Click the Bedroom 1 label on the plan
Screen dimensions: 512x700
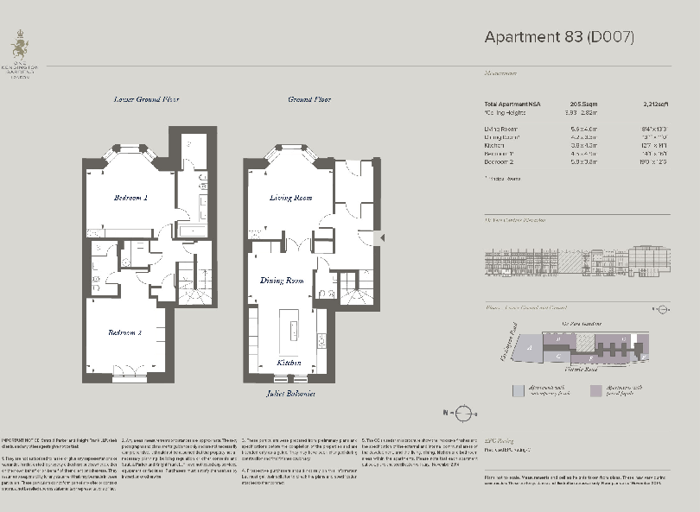(130, 198)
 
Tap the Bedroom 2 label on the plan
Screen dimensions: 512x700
(124, 332)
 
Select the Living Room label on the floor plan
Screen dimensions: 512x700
(290, 198)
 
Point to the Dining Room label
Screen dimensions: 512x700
(283, 281)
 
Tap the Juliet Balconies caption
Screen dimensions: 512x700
(290, 394)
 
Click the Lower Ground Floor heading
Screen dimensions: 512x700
(147, 99)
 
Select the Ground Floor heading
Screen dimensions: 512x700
(309, 99)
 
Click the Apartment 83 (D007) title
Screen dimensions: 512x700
(559, 37)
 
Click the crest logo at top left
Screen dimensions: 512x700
(18, 41)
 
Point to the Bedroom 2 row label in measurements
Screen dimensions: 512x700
(500, 161)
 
